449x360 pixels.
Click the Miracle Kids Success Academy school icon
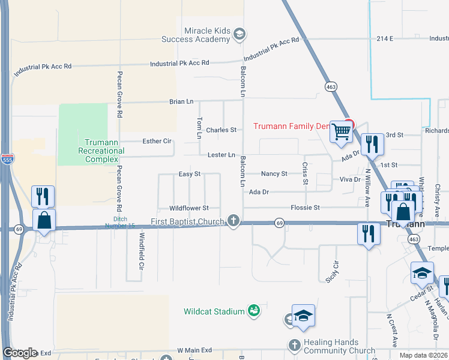(x=240, y=34)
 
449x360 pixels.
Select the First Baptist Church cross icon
(x=234, y=222)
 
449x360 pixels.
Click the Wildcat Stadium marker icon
(x=255, y=311)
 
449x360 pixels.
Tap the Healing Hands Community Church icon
(x=294, y=345)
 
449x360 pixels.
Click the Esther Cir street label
(x=157, y=141)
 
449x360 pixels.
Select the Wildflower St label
(x=188, y=208)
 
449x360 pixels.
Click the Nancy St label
(x=274, y=173)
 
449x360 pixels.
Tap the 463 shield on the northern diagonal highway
(x=331, y=87)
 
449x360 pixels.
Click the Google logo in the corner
(x=21, y=353)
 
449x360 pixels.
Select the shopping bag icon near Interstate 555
(x=44, y=220)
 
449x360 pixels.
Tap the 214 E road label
(x=385, y=38)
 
